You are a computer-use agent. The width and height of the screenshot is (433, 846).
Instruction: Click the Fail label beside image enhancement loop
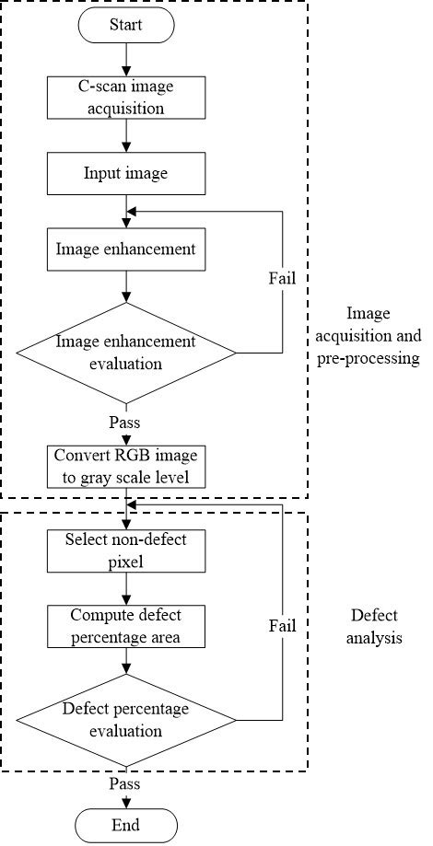(282, 276)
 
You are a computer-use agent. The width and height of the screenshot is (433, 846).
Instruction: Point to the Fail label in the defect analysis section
(282, 626)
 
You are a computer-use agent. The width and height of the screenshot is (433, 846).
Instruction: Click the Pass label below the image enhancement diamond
(124, 422)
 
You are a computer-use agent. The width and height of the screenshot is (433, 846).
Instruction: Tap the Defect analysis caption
(377, 626)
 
